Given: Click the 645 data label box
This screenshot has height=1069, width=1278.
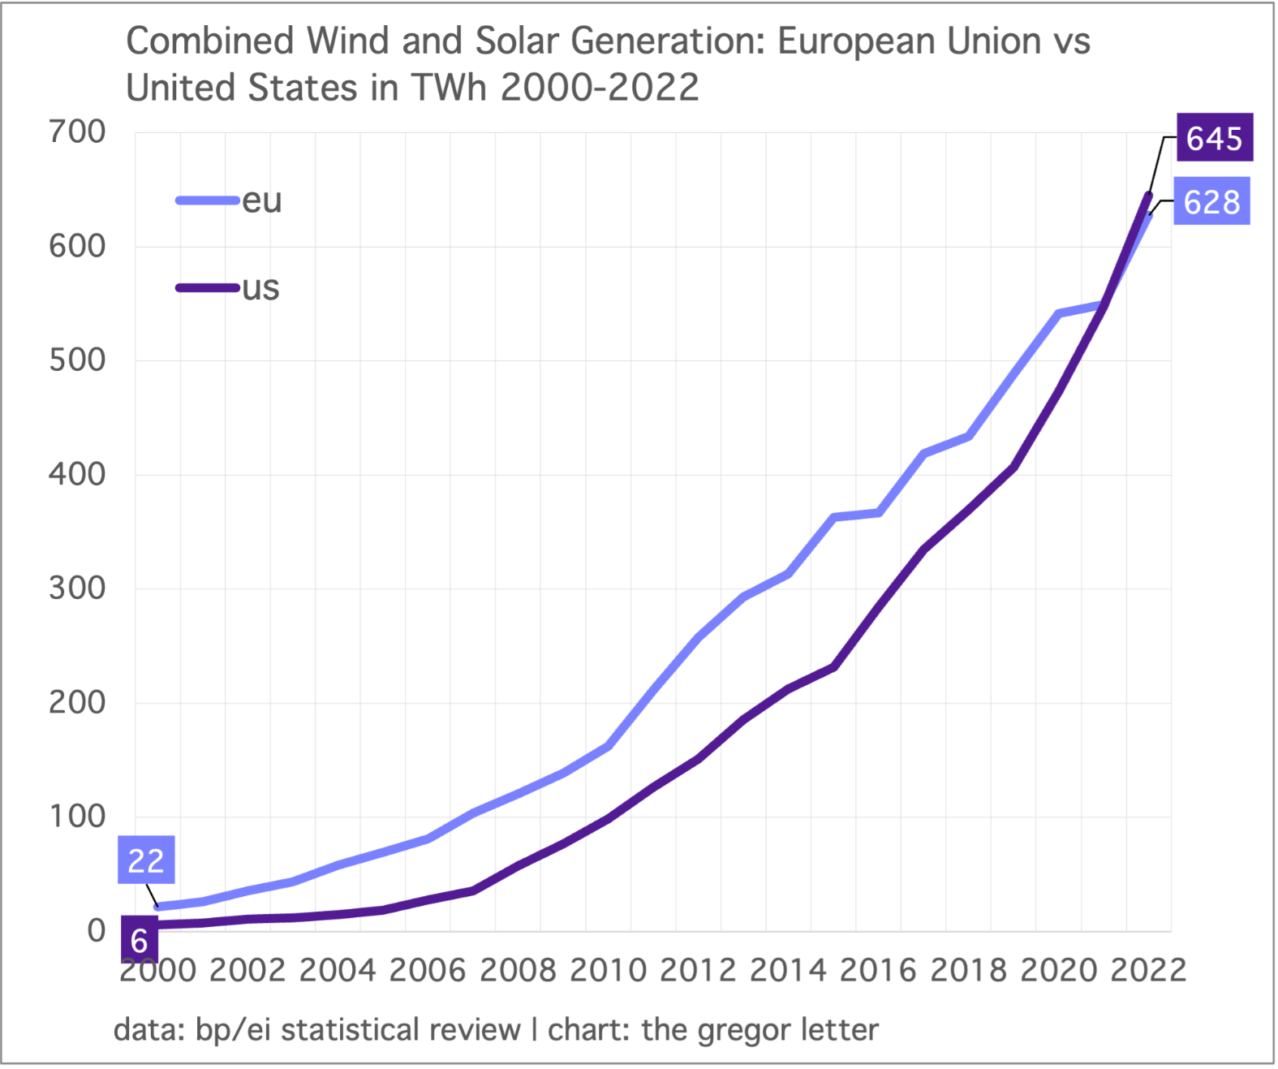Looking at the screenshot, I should click(x=1214, y=138).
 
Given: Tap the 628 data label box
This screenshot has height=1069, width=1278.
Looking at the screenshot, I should click(x=1211, y=201).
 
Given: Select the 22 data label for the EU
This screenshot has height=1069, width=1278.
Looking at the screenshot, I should click(x=146, y=860).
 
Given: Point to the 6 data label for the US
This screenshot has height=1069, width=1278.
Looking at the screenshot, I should click(x=139, y=941).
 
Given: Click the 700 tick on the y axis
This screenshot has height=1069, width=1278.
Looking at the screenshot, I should click(x=77, y=131).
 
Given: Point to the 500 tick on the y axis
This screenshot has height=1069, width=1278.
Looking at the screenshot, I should click(x=77, y=360).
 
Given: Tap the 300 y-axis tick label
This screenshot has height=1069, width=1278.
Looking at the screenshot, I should click(x=77, y=588).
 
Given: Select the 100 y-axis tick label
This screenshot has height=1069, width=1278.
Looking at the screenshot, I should click(x=77, y=817).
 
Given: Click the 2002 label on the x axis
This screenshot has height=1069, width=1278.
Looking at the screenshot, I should click(x=247, y=971).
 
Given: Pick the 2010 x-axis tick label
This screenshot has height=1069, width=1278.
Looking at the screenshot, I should click(x=608, y=971).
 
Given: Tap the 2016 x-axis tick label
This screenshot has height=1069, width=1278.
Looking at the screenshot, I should click(x=878, y=971).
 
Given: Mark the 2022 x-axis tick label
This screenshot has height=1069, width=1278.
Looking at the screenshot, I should click(x=1148, y=971).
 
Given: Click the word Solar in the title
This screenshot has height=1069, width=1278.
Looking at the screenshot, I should click(x=518, y=41).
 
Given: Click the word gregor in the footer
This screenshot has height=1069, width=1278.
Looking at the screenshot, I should click(x=744, y=1030).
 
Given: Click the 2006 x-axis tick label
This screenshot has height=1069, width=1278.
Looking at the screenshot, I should click(x=428, y=971).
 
